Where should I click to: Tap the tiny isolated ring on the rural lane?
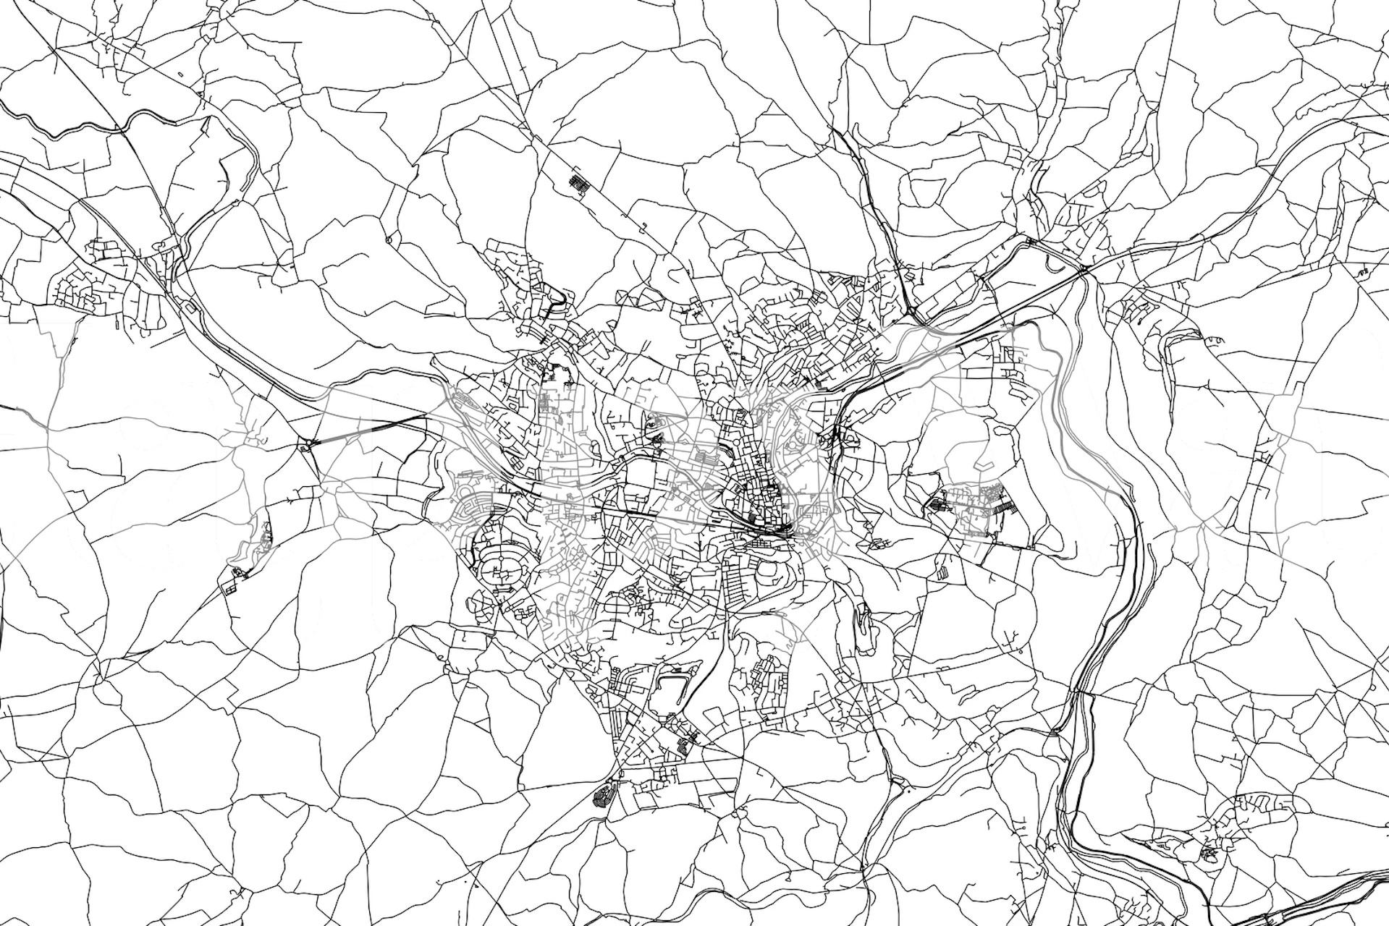(389, 239)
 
